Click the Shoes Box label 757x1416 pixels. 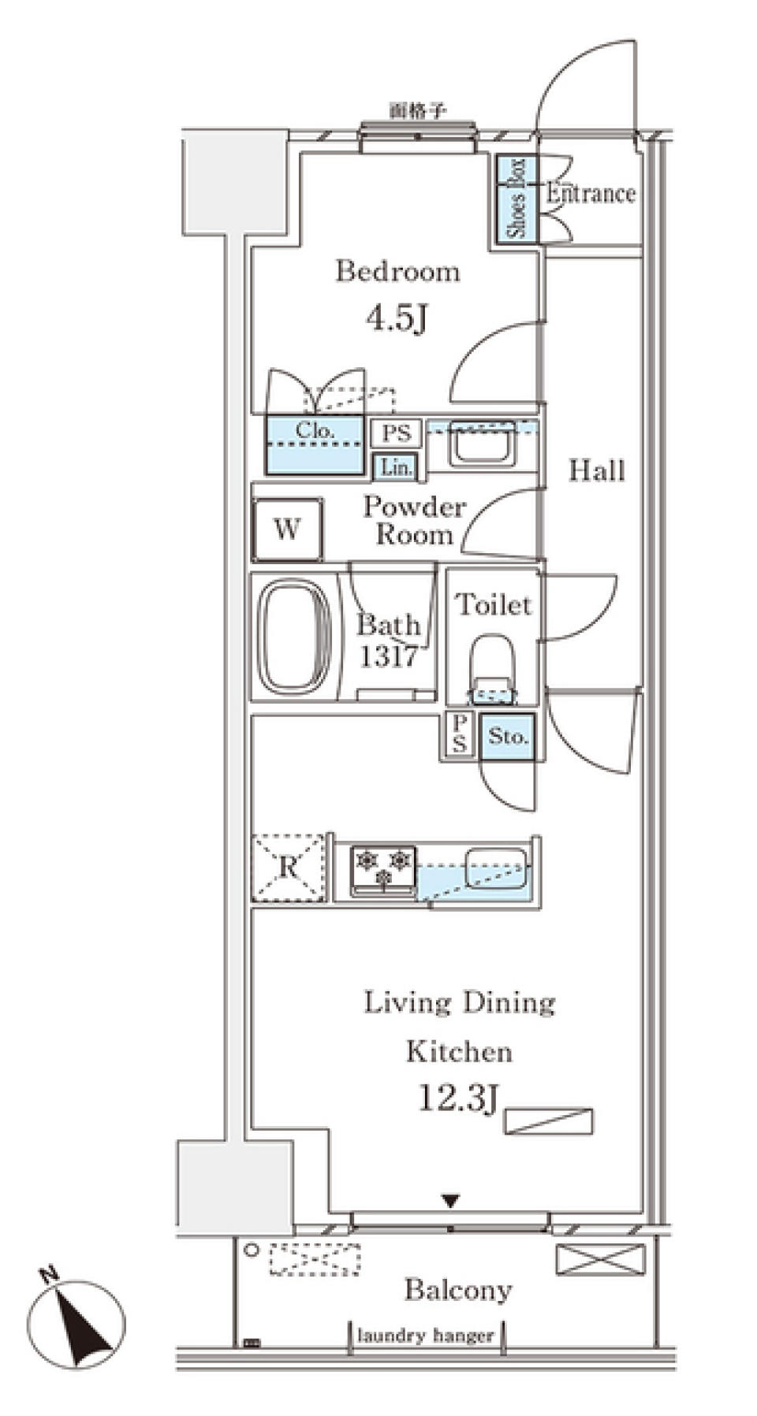point(516,199)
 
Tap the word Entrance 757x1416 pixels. point(591,194)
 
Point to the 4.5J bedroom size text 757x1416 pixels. point(397,318)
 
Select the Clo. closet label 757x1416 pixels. point(315,431)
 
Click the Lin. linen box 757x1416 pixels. point(396,467)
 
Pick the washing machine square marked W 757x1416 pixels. point(287,529)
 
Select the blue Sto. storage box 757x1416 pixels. point(507,737)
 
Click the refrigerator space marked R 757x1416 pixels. point(289,868)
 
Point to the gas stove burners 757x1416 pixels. point(383,868)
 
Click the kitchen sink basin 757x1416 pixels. point(494,868)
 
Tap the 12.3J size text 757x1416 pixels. point(458,1098)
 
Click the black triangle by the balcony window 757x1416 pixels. point(450,1201)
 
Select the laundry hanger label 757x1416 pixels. point(426,1336)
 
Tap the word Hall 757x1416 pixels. point(597,470)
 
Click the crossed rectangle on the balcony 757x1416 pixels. point(600,1258)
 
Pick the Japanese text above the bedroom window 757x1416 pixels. point(418,111)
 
